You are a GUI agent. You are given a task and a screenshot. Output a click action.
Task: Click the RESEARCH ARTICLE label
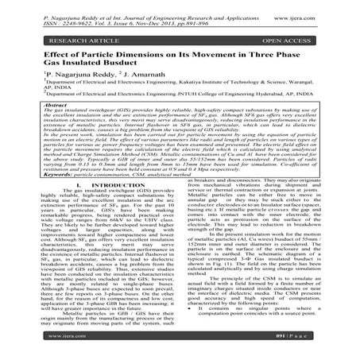(x=58, y=36)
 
